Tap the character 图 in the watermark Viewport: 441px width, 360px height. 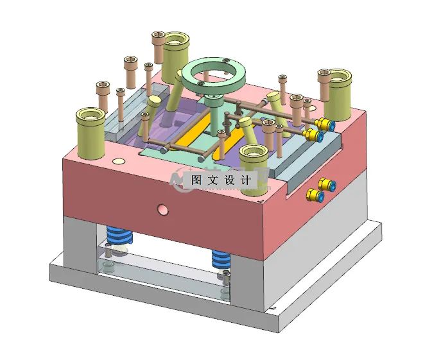[x=197, y=181]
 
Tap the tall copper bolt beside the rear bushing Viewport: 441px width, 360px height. [x=159, y=45]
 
